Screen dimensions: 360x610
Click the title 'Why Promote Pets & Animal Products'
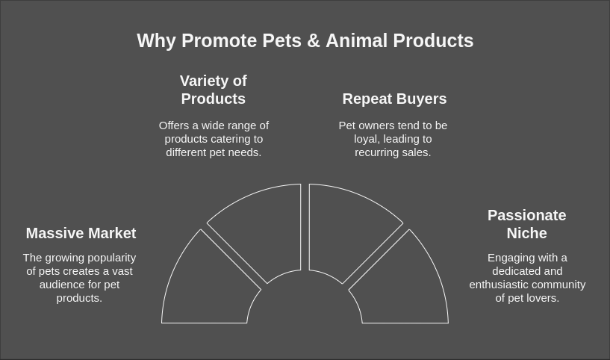305,41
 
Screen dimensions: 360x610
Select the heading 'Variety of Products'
214,90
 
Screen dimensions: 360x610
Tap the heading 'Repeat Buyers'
394,99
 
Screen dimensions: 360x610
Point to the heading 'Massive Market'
81,233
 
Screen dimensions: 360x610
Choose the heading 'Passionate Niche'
526,224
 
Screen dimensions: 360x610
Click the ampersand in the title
314,41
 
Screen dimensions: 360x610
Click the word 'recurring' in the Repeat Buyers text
378,152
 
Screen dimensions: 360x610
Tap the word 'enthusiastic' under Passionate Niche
499,285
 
